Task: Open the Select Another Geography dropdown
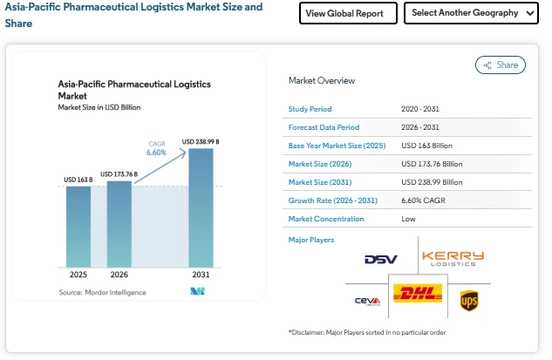point(471,13)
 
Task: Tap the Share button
point(501,65)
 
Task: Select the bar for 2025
point(78,227)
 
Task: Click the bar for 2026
point(119,223)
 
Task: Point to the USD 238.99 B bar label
point(201,141)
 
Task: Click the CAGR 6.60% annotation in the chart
point(156,148)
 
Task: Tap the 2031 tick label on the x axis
point(201,275)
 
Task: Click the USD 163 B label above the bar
point(78,180)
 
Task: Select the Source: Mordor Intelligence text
point(102,292)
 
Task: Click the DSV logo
point(380,260)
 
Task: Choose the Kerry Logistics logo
point(453,258)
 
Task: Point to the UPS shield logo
point(469,301)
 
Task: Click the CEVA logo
point(367,302)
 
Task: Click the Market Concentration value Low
point(408,218)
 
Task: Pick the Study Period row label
point(310,109)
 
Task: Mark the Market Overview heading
point(322,80)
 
